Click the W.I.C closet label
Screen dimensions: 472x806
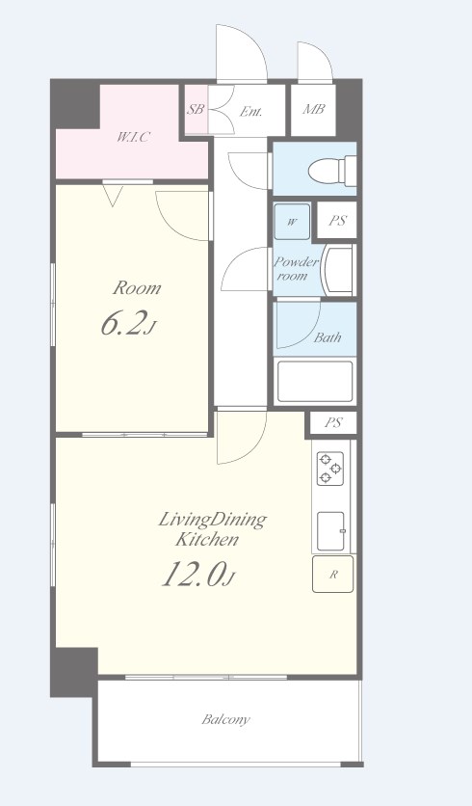tap(133, 137)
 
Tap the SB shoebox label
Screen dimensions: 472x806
tap(196, 110)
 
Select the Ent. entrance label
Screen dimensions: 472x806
tap(251, 111)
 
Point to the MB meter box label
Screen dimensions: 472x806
tap(313, 109)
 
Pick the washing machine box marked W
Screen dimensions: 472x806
tap(292, 222)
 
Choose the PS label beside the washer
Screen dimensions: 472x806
tap(337, 221)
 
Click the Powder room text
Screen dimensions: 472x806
tap(295, 269)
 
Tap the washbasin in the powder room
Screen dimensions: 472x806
tap(338, 269)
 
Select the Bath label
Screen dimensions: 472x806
tap(328, 337)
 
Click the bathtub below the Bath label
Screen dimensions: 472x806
tap(315, 382)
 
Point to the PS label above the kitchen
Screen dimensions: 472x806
tap(333, 423)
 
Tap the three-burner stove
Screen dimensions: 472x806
tap(329, 469)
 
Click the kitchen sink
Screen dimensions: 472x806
tap(331, 531)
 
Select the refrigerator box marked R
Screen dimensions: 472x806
tap(333, 574)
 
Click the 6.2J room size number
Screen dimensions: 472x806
tap(127, 324)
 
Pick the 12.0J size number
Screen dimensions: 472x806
tap(198, 575)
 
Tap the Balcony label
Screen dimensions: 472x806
tap(226, 719)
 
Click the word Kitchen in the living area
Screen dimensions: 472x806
tap(207, 540)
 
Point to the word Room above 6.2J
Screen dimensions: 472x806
tap(137, 288)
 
